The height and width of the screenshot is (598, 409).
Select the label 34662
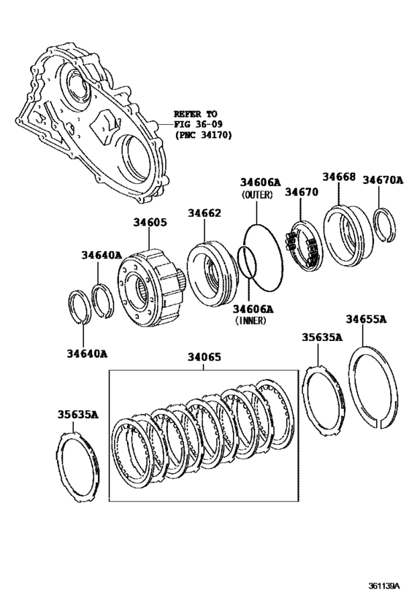[x=204, y=213]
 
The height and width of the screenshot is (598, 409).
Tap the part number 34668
[x=339, y=177]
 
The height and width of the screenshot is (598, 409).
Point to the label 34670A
[x=383, y=179]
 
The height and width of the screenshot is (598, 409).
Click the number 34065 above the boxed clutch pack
[x=204, y=358]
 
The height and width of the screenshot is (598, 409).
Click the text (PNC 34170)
[x=200, y=136]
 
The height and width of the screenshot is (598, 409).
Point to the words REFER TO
[x=195, y=114]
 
